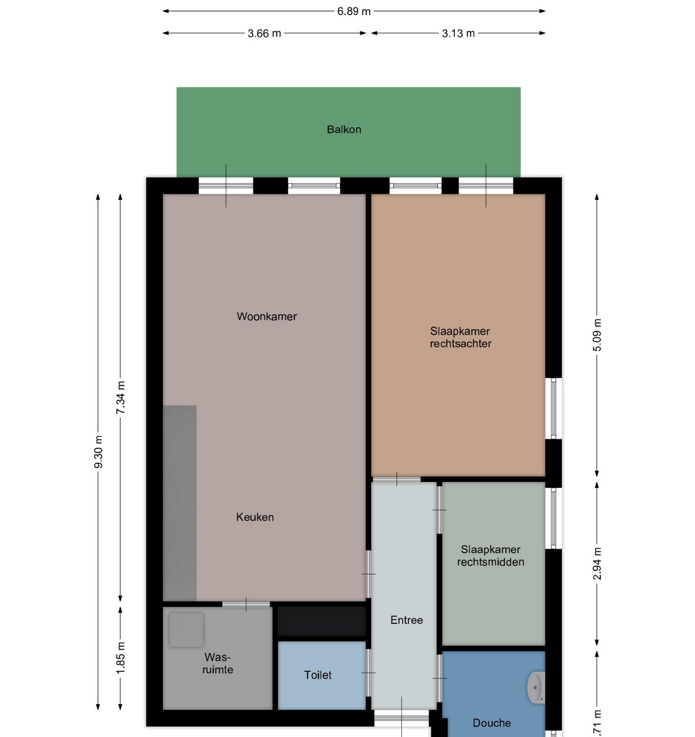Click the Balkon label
[344, 129]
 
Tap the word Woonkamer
[267, 316]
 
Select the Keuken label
[255, 517]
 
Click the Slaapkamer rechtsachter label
[461, 337]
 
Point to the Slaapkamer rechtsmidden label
[490, 555]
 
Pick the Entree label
[406, 620]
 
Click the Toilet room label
[318, 675]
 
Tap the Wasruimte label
[218, 663]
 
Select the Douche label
[491, 723]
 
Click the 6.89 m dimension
[354, 11]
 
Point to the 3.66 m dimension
[265, 33]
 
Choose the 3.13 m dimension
[458, 33]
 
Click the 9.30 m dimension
[98, 452]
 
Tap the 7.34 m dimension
[121, 398]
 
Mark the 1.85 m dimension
[121, 658]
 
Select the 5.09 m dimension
[597, 335]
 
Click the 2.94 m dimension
[597, 563]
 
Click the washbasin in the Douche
[536, 687]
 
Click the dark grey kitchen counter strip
[180, 503]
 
